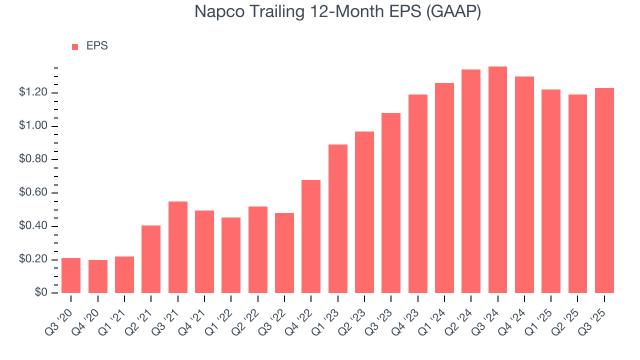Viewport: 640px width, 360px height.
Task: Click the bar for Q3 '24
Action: coord(497,180)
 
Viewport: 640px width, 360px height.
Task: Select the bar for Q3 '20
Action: coord(71,275)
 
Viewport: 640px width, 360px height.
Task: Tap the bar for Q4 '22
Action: coord(311,236)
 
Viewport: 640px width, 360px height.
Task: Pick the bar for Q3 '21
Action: coord(177,247)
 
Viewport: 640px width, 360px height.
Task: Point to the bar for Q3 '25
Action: coord(604,190)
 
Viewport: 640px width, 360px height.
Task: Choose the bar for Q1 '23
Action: coord(337,219)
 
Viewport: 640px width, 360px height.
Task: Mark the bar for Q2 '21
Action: coord(151,259)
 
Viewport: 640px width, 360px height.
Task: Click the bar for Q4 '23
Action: coord(417,194)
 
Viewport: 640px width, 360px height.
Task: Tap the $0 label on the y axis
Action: coord(40,293)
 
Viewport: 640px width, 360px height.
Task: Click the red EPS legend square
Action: coord(75,47)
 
